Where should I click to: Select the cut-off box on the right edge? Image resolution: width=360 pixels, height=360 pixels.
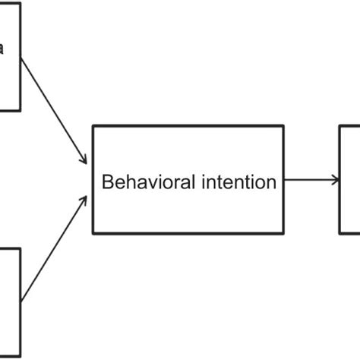click(350, 180)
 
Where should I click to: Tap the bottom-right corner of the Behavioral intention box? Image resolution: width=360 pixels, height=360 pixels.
click(283, 233)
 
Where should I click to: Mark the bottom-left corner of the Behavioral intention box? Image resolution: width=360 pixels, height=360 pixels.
click(93, 233)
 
